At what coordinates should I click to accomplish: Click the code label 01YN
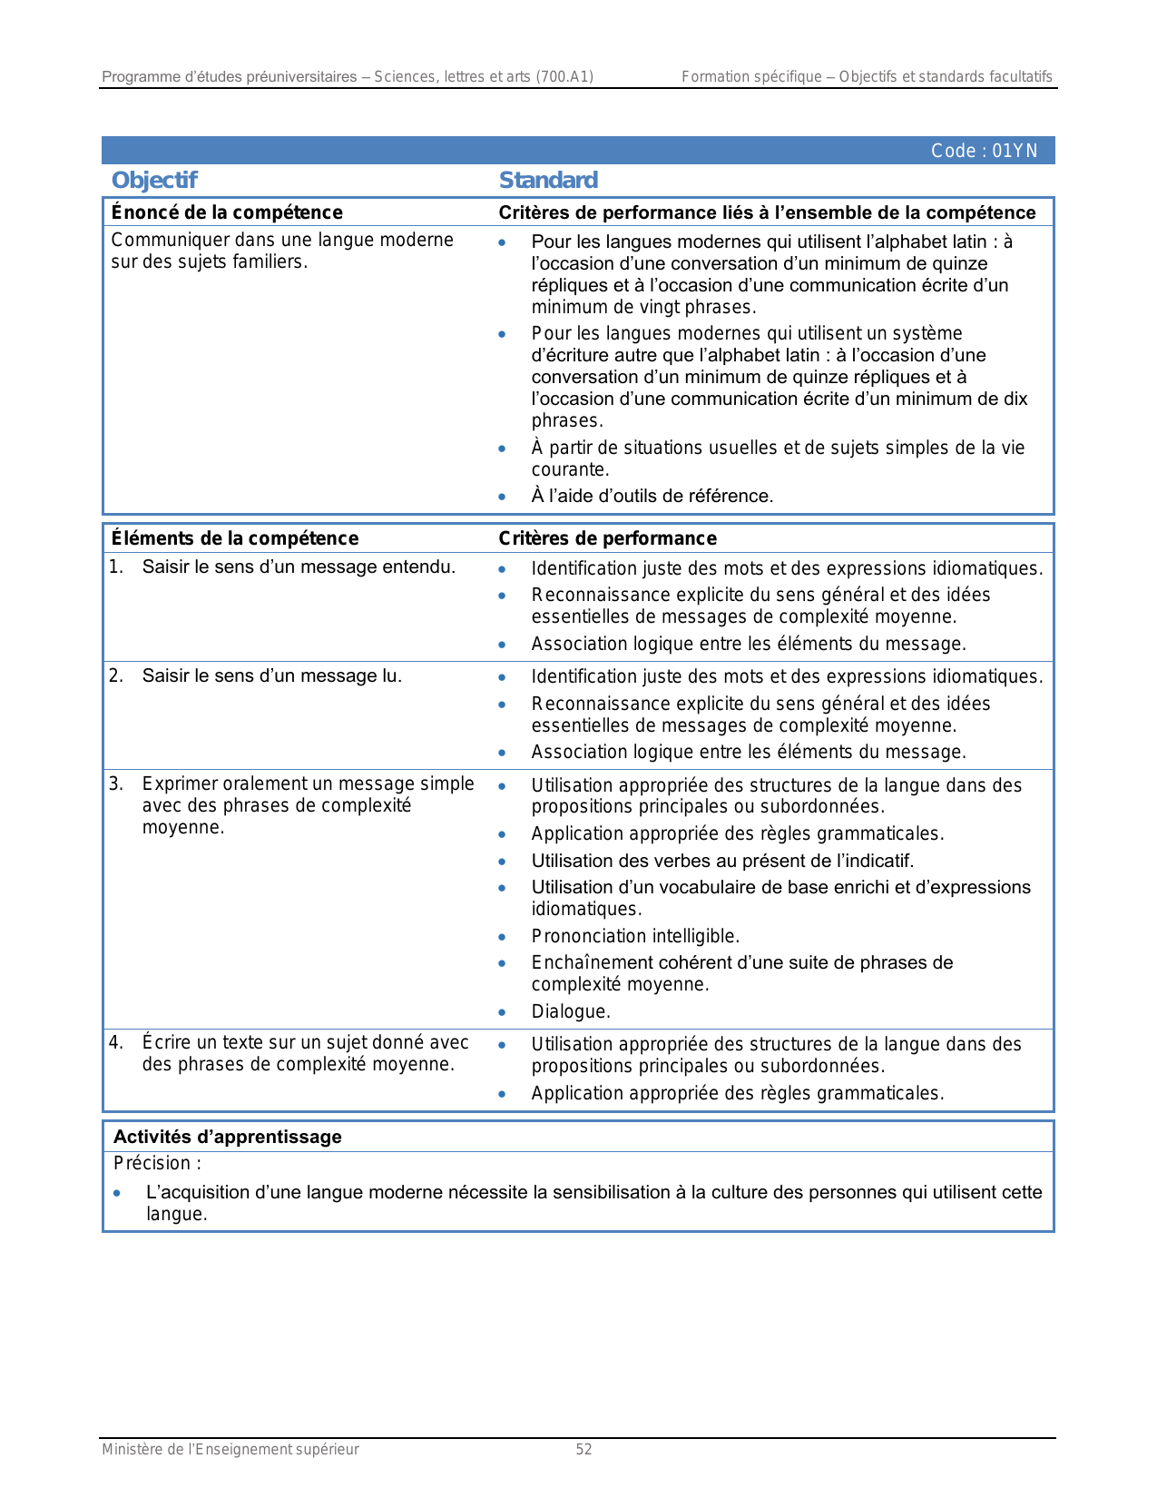pyautogui.click(x=984, y=151)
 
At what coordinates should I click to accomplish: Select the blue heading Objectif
pyautogui.click(x=154, y=181)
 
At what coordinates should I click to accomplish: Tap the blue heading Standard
pyautogui.click(x=548, y=181)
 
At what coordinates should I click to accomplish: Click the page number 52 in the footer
pyautogui.click(x=583, y=1449)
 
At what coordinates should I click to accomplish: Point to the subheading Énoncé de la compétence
pyautogui.click(x=227, y=212)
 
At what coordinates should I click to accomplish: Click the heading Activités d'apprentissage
pyautogui.click(x=228, y=1137)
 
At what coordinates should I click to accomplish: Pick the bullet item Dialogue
pyautogui.click(x=571, y=1011)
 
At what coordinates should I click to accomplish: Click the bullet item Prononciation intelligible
pyautogui.click(x=635, y=936)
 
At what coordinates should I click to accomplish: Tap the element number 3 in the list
pyautogui.click(x=116, y=783)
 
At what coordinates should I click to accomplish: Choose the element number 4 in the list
pyautogui.click(x=116, y=1042)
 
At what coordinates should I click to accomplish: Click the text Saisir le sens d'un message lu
pyautogui.click(x=271, y=675)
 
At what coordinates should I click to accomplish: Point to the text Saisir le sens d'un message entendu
pyautogui.click(x=299, y=567)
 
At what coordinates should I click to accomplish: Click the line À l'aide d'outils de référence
pyautogui.click(x=652, y=496)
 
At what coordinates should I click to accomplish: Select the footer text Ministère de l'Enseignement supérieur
pyautogui.click(x=230, y=1449)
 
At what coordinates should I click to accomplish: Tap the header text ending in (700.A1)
pyautogui.click(x=348, y=77)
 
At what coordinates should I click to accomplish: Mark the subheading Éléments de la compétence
pyautogui.click(x=235, y=538)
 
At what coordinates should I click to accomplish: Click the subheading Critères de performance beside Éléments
pyautogui.click(x=607, y=538)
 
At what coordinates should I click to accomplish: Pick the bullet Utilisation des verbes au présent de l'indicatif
pyautogui.click(x=722, y=861)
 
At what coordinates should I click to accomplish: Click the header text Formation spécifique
pyautogui.click(x=751, y=77)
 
